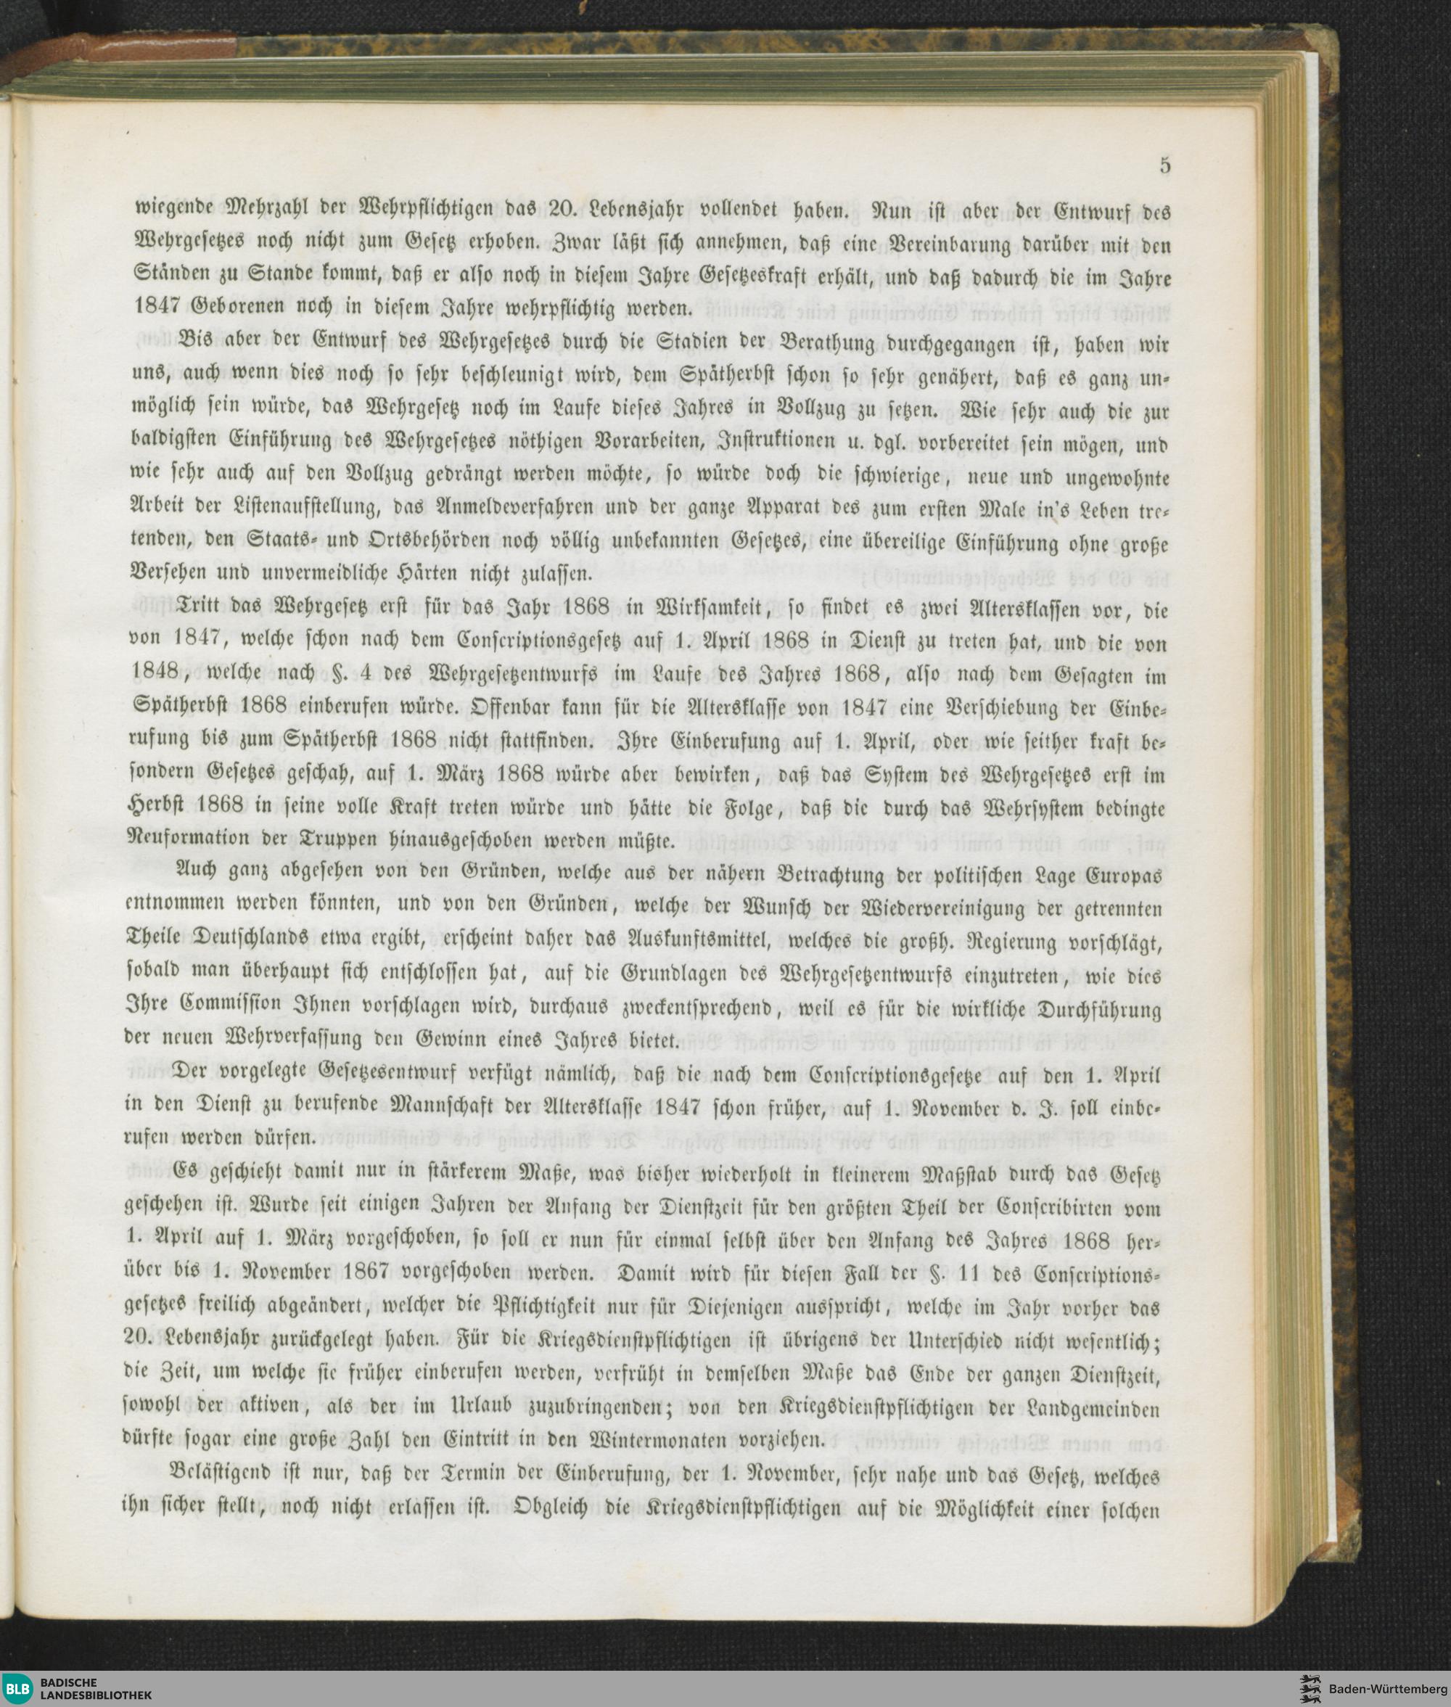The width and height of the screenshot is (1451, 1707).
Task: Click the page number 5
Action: point(1164,165)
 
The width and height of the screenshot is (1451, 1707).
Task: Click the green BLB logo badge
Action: point(20,1688)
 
